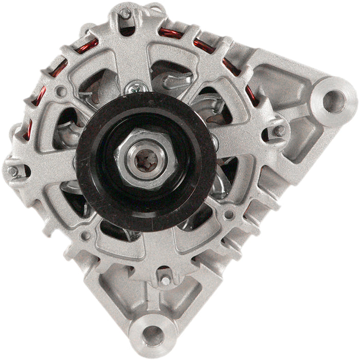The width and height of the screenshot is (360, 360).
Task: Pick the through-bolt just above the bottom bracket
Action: click(165, 280)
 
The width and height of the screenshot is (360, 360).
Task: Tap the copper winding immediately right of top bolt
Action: click(170, 34)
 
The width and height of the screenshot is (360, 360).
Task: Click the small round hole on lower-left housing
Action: click(86, 236)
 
